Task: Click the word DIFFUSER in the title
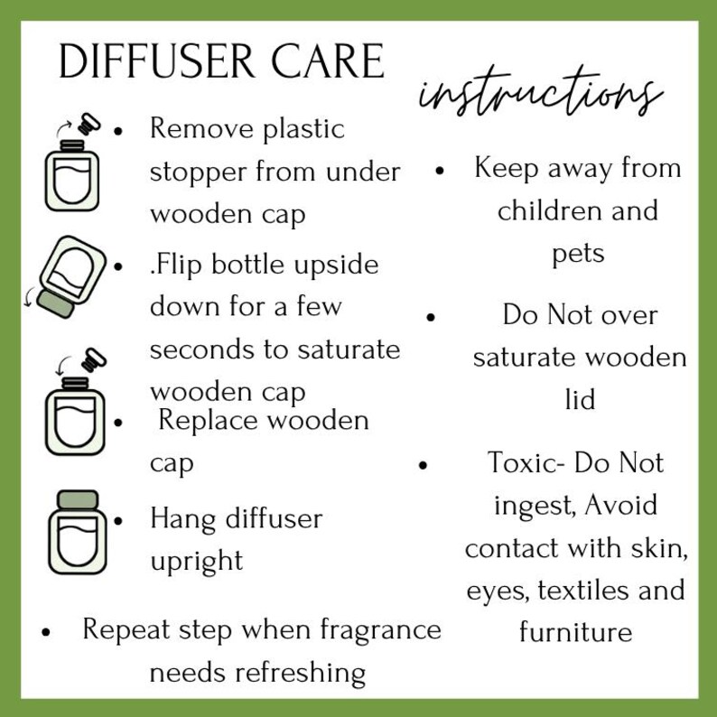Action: pyautogui.click(x=157, y=61)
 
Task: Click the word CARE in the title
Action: pyautogui.click(x=328, y=61)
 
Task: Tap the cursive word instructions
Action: pyautogui.click(x=541, y=93)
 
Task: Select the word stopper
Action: pyautogui.click(x=199, y=173)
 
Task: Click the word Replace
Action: pyautogui.click(x=208, y=421)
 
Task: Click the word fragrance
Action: pyautogui.click(x=380, y=631)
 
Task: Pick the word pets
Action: pyautogui.click(x=579, y=255)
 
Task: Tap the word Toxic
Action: pyautogui.click(x=526, y=462)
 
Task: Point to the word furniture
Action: pyautogui.click(x=576, y=631)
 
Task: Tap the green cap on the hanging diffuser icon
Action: pyautogui.click(x=78, y=499)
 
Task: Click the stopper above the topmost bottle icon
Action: pyautogui.click(x=88, y=124)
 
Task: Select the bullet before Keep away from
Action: pyautogui.click(x=440, y=171)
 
